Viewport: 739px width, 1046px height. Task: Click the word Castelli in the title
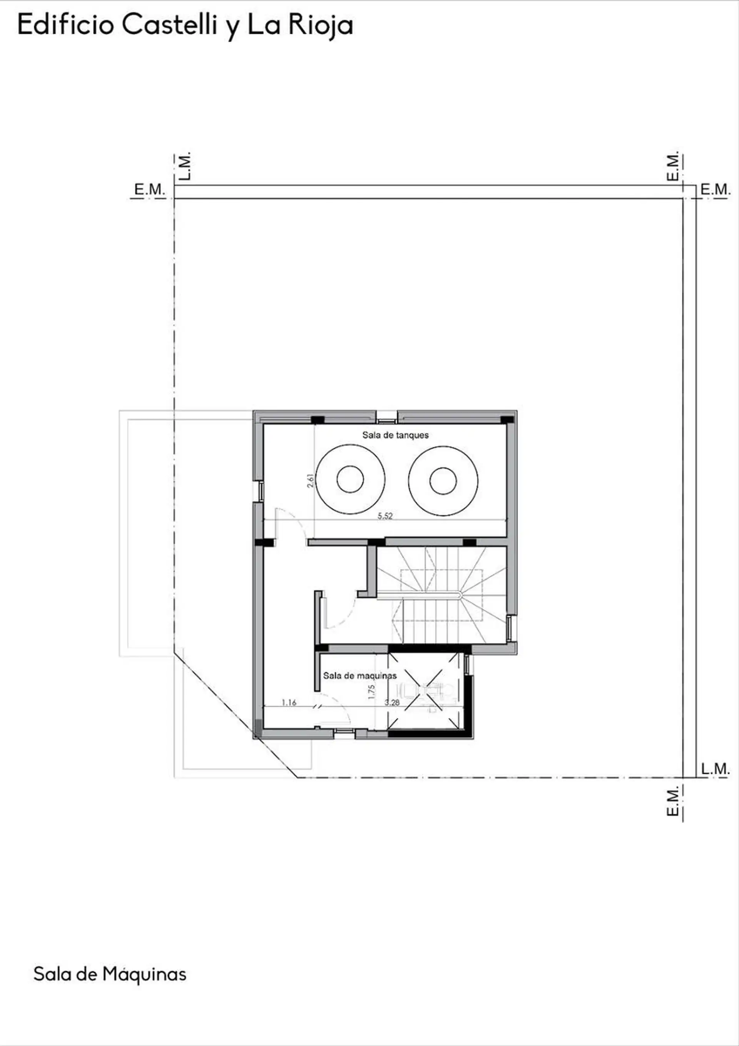click(170, 25)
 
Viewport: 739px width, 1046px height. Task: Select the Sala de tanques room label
click(396, 435)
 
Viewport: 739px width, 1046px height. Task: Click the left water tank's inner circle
click(350, 479)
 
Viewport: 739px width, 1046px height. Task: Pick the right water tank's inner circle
click(443, 481)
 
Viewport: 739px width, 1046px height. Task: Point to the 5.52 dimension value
click(385, 516)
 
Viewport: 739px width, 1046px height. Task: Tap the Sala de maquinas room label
click(360, 676)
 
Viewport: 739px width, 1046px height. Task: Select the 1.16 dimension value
click(289, 703)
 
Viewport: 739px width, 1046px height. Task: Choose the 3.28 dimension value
click(392, 703)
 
